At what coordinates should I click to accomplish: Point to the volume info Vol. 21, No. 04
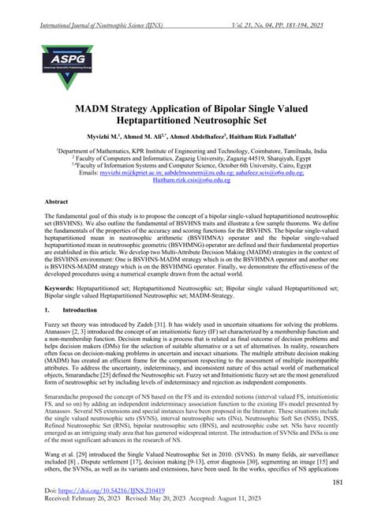pyautogui.click(x=264, y=7)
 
